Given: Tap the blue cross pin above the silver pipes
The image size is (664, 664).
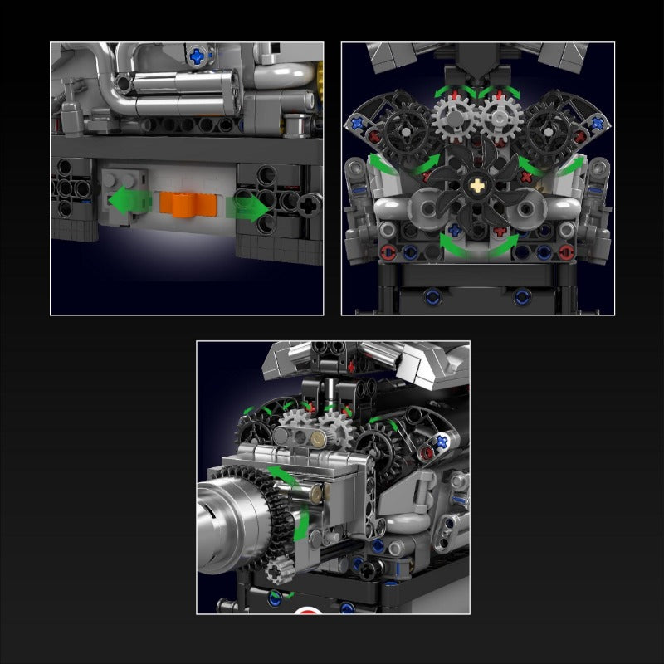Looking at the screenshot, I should pos(198,56).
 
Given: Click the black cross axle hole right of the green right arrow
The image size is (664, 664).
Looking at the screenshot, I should pos(310,202).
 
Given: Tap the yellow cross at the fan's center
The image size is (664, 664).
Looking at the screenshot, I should pos(478,189).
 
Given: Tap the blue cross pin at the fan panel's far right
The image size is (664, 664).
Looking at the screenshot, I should pos(595,121).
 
